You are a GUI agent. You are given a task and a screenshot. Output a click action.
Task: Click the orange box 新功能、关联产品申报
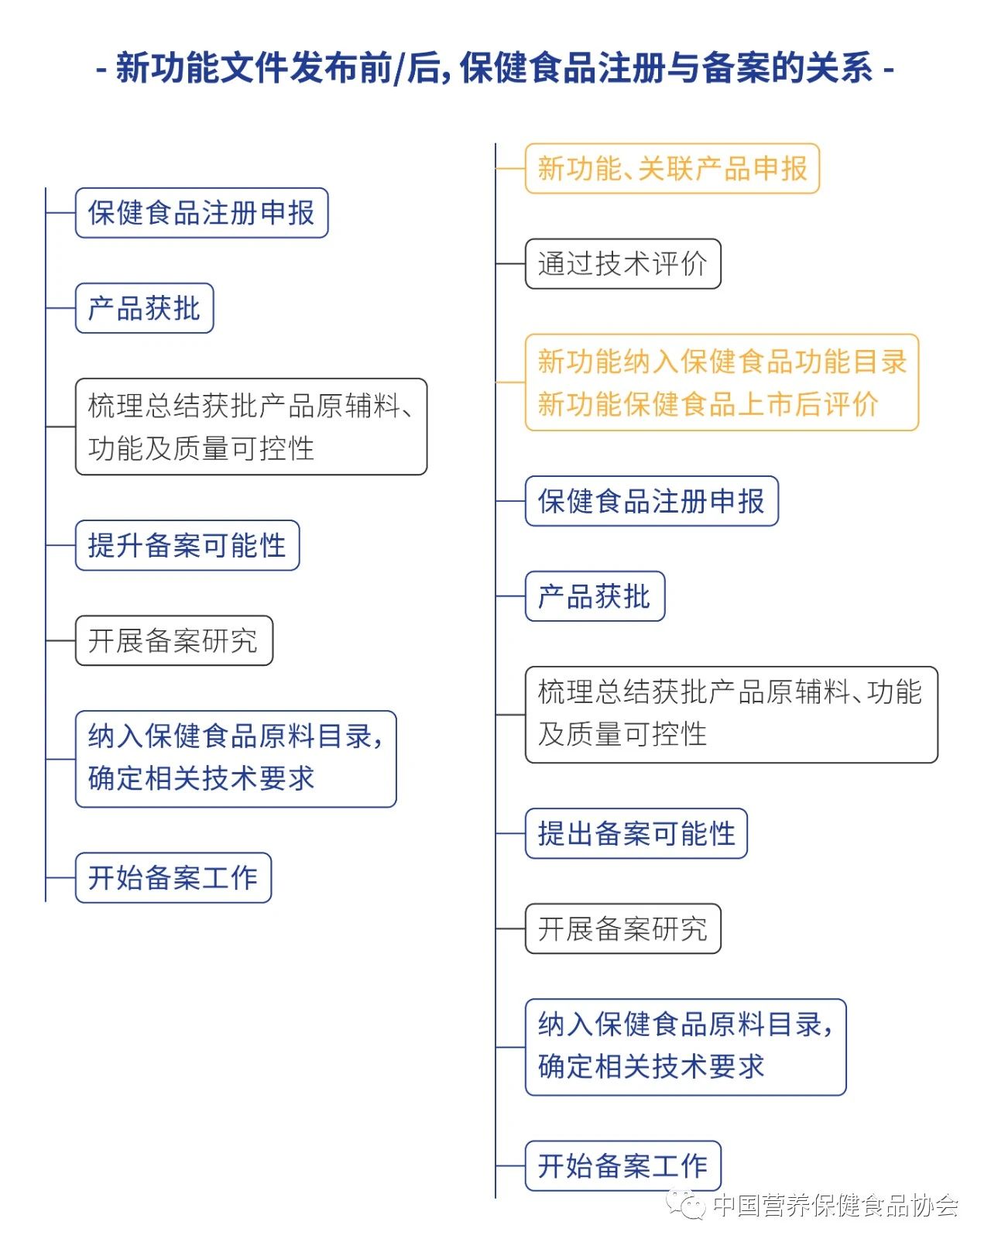[672, 168]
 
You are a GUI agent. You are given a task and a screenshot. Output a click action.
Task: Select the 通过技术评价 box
[622, 263]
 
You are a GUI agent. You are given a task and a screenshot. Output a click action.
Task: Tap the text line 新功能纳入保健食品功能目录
[722, 361]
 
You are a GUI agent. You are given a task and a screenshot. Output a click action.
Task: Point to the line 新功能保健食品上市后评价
[708, 404]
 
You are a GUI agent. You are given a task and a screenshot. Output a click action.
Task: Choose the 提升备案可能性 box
[187, 545]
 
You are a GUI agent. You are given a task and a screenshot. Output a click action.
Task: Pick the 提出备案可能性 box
[636, 833]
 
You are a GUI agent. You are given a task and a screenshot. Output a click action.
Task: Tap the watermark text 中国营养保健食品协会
[835, 1205]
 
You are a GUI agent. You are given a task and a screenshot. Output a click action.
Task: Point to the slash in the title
[399, 68]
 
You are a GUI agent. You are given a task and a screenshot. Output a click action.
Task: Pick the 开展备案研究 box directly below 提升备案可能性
[174, 640]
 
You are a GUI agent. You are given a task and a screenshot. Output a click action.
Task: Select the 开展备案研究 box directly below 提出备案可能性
[622, 928]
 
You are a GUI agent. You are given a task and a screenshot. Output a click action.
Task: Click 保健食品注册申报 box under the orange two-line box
[652, 501]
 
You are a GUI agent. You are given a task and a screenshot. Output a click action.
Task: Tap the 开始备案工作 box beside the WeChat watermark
[622, 1165]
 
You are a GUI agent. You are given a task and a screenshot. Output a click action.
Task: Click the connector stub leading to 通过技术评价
[510, 263]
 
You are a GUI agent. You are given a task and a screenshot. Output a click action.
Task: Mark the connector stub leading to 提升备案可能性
[60, 545]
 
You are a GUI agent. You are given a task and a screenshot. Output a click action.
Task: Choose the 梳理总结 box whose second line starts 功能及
[251, 427]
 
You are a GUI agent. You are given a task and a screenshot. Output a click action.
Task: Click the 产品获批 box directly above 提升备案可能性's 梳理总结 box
[145, 308]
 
